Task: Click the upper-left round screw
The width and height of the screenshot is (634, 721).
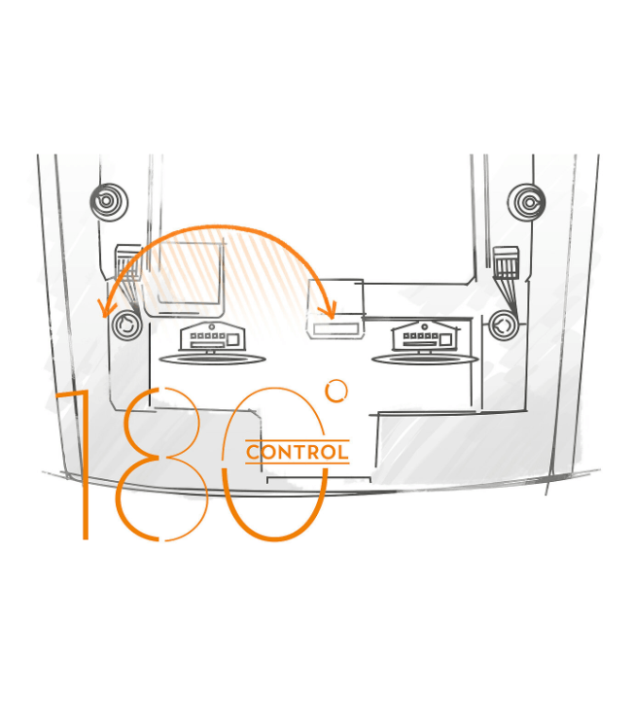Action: tap(109, 201)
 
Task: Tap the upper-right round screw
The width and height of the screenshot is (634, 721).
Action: tap(526, 202)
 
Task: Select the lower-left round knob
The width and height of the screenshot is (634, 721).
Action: tap(126, 325)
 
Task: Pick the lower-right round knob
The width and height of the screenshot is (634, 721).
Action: tap(503, 326)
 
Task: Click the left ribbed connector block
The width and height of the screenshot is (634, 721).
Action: tap(127, 262)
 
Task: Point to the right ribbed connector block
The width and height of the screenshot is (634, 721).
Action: tap(506, 262)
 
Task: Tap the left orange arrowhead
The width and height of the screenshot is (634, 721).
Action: tap(106, 308)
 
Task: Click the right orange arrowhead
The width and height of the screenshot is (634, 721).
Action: tap(329, 309)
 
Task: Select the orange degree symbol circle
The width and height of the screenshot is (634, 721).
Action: tap(336, 391)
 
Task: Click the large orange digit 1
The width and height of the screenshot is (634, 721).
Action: tap(85, 464)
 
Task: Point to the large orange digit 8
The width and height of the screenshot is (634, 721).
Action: tap(159, 464)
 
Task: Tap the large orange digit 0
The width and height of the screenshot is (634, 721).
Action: tap(274, 464)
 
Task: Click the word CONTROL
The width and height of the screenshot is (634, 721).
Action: tap(298, 452)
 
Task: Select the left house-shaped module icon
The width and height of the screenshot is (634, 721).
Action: tap(212, 336)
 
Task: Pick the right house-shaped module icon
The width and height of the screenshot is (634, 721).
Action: tap(425, 336)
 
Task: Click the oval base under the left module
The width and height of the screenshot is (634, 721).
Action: tap(212, 359)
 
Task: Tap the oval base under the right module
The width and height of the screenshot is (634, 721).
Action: tap(425, 359)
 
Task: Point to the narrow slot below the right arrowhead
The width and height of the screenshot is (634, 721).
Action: tap(335, 328)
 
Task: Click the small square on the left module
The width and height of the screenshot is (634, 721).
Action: tap(232, 340)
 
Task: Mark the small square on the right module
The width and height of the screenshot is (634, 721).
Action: tap(445, 340)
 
